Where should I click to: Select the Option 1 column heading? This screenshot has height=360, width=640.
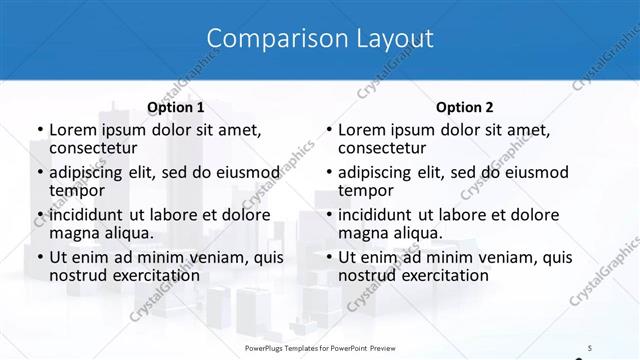176,107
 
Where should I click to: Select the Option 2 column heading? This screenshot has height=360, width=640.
465,107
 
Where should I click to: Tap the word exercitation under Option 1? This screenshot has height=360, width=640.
152,275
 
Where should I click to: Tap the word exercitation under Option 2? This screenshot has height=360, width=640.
441,275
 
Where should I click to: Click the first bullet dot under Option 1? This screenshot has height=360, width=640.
39,130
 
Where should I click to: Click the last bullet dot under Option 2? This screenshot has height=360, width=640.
328,257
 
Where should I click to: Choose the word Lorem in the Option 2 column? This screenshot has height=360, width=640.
361,129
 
